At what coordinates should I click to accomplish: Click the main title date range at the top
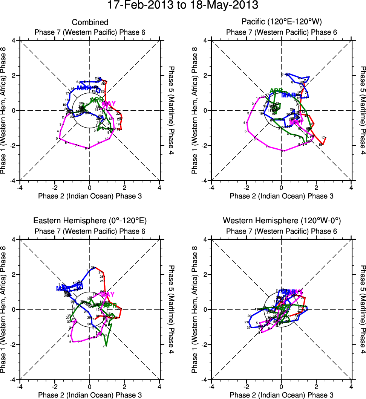[x=183, y=5]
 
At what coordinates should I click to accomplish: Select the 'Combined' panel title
[x=90, y=22]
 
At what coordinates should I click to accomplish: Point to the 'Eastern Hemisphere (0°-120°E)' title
[x=90, y=221]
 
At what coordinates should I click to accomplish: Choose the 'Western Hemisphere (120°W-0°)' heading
[x=281, y=221]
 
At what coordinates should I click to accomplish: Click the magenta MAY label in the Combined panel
[x=109, y=104]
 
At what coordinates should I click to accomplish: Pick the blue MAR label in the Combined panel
[x=84, y=88]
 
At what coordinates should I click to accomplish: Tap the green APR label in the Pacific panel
[x=276, y=91]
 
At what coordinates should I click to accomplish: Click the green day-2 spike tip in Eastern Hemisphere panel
[x=106, y=345]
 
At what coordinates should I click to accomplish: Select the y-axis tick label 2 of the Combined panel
[x=16, y=75]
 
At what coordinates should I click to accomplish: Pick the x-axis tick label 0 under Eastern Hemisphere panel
[x=90, y=387]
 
